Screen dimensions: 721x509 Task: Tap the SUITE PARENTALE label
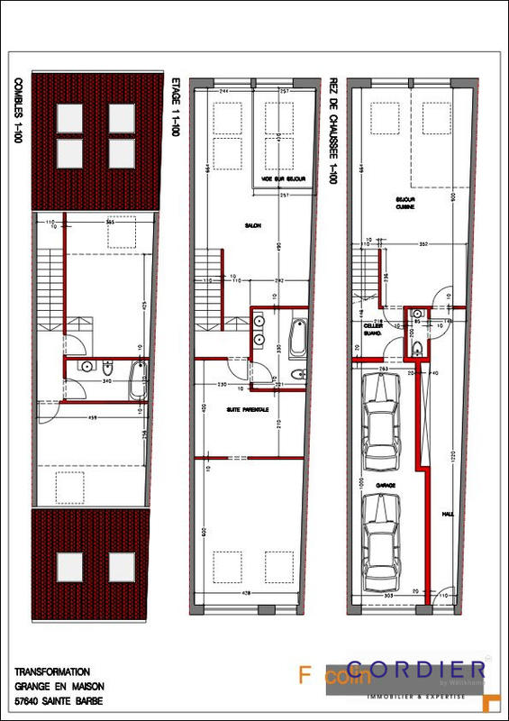pos(247,409)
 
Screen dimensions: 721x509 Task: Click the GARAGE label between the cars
pos(386,485)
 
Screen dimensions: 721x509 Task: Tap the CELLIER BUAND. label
pos(375,329)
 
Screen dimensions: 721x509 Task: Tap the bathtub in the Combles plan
pos(137,381)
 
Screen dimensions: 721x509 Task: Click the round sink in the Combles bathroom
pos(88,367)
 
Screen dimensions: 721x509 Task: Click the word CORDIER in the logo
pos(416,670)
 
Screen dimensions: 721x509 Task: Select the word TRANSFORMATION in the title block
pos(52,672)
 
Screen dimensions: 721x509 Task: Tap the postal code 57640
pos(29,699)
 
